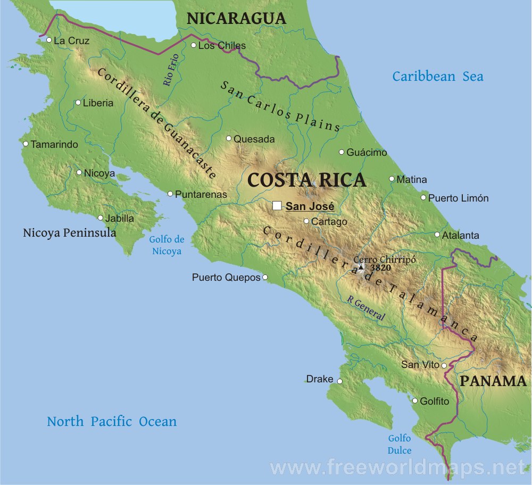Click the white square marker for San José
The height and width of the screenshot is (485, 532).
(x=277, y=206)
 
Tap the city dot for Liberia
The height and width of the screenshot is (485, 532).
(x=78, y=103)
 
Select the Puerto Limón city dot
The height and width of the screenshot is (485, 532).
(x=423, y=198)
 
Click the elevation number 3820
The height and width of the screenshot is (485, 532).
(x=380, y=268)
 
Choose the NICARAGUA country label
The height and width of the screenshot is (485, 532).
(x=236, y=18)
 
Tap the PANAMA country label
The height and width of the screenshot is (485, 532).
(x=493, y=381)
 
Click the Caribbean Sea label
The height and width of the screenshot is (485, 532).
(x=438, y=77)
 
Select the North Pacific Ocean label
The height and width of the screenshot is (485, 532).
(x=112, y=422)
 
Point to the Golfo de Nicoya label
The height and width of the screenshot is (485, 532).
(x=167, y=245)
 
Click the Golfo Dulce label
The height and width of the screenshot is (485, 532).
(x=399, y=444)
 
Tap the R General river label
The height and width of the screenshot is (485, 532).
(x=365, y=308)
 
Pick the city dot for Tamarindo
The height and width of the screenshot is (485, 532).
(x=26, y=144)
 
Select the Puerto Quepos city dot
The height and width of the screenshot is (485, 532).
(x=265, y=277)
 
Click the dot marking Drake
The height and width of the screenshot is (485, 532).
(x=339, y=381)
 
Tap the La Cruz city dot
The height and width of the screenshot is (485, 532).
(x=48, y=40)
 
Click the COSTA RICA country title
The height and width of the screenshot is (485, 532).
(x=307, y=180)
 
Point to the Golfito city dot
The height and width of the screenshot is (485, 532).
(x=415, y=400)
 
